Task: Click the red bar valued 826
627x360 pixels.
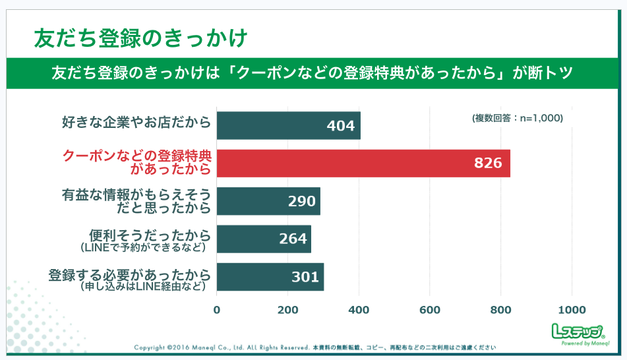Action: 363,164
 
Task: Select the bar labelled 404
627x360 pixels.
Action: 288,125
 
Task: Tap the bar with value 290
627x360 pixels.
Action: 268,201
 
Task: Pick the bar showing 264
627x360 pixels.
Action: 264,239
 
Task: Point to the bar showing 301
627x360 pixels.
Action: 270,277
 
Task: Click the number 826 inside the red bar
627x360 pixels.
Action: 488,164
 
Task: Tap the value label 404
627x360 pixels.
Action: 340,126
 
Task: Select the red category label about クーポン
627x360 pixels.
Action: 136,163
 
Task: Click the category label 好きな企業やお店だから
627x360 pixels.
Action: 136,123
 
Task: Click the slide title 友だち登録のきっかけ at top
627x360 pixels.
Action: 141,38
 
